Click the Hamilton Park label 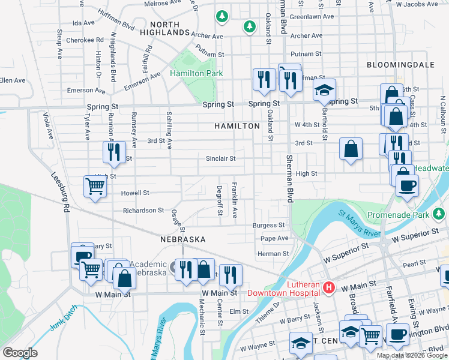click(196, 73)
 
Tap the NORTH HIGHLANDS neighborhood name click(160, 28)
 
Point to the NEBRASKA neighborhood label click(183, 239)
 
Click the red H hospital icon click(328, 288)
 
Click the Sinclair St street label click(220, 158)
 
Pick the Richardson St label click(143, 211)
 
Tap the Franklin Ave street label click(235, 200)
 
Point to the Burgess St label click(268, 226)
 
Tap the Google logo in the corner click(20, 353)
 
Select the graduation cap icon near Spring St click(324, 91)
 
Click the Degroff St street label click(220, 200)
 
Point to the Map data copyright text click(411, 355)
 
